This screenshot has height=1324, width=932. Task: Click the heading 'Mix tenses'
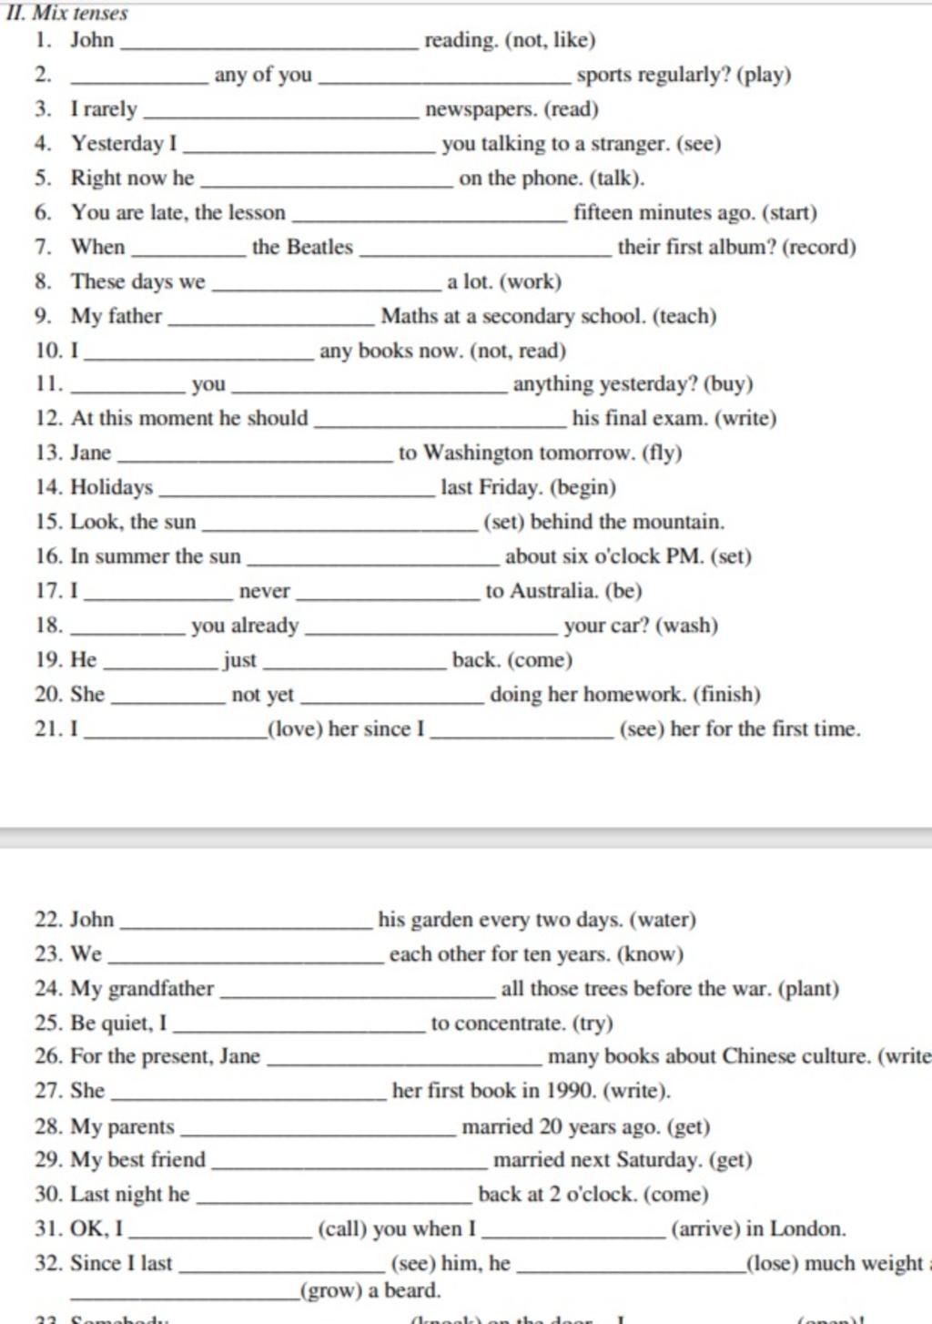click(80, 13)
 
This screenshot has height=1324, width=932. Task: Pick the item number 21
click(47, 729)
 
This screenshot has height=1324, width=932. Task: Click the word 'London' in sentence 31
click(806, 1228)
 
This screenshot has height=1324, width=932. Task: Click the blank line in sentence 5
click(326, 186)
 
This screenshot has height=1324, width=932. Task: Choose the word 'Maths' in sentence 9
click(410, 316)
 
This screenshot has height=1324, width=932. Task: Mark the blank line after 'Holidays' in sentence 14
click(296, 494)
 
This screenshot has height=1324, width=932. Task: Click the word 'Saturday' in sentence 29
click(659, 1160)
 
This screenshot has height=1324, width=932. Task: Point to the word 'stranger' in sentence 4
click(630, 144)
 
